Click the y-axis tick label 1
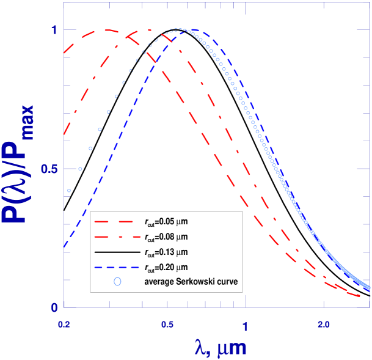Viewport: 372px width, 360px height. [x=54, y=29]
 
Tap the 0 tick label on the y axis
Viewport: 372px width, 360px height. [x=54, y=307]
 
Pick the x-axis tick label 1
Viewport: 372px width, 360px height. [x=246, y=321]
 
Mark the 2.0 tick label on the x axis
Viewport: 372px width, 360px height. [x=324, y=321]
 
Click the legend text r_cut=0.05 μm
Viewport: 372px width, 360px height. [x=166, y=221]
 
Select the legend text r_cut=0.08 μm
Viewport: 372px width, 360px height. [x=166, y=236]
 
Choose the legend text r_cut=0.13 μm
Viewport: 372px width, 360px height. [x=166, y=251]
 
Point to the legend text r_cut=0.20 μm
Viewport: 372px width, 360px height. [x=166, y=266]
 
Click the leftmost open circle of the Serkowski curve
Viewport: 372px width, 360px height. [x=69, y=191]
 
